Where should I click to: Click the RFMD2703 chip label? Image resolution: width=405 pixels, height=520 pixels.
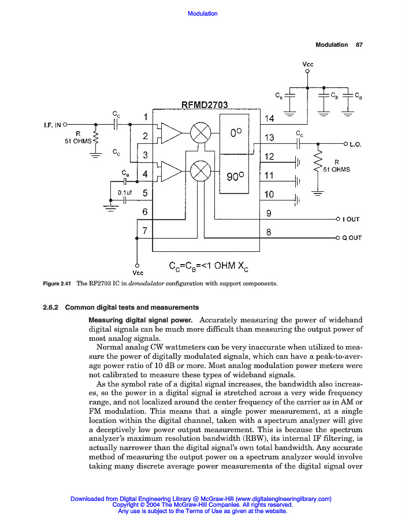coord(205,105)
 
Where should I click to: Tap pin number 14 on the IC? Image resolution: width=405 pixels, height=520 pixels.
coord(269,118)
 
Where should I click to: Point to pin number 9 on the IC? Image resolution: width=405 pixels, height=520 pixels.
coord(269,213)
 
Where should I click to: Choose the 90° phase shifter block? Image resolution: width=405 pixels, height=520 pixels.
coord(235,176)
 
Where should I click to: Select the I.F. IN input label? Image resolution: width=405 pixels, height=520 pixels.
coord(53,124)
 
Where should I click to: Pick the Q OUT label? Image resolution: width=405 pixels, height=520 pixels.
coord(352,237)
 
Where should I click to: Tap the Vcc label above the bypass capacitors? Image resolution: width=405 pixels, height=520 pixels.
coord(308,64)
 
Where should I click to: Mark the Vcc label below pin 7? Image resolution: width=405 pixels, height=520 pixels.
coord(138,272)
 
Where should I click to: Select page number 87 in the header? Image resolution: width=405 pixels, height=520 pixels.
coord(359,44)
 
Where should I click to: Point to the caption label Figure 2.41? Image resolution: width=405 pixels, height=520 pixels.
coord(58,284)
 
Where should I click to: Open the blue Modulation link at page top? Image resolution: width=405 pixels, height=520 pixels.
coord(203,13)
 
